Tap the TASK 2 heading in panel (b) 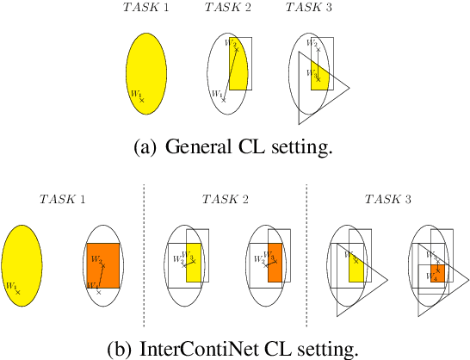226,199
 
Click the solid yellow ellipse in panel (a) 145,71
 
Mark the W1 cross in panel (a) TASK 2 224,100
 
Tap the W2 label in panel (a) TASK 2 229,43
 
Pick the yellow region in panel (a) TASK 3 320,78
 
